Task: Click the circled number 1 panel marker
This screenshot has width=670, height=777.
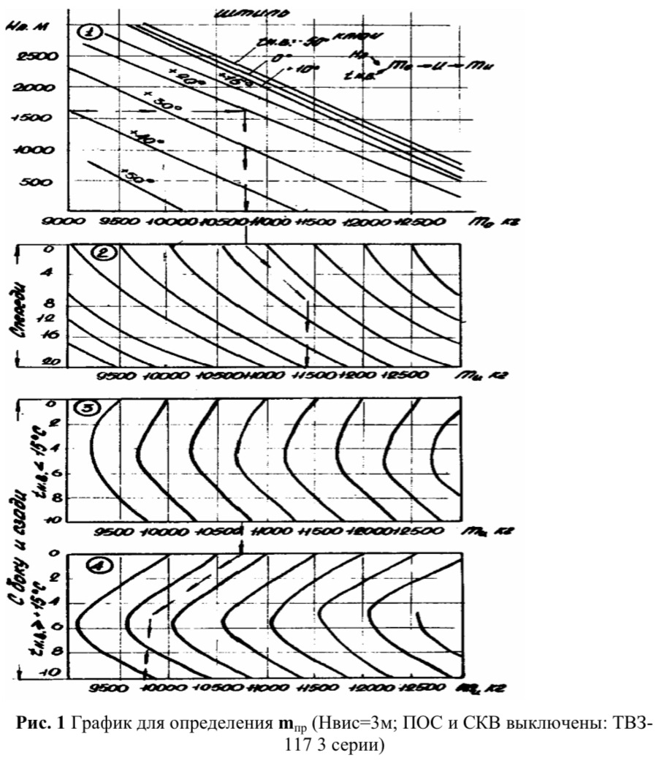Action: click(90, 31)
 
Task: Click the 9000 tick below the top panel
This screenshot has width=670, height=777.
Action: click(63, 222)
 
